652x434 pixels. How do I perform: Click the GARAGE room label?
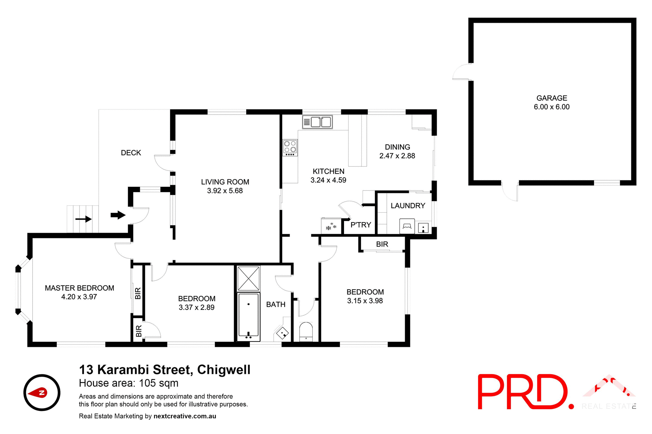click(551, 98)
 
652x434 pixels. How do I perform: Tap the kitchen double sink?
click(318, 122)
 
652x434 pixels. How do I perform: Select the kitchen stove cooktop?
click(290, 147)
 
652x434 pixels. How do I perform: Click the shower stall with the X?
click(249, 278)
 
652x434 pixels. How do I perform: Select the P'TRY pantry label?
click(361, 225)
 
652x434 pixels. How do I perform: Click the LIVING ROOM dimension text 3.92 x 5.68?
click(225, 191)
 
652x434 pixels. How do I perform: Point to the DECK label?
click(131, 153)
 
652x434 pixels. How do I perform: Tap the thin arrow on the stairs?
click(84, 219)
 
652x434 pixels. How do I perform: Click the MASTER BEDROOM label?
click(79, 288)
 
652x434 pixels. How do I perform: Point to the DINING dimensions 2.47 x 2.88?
click(397, 156)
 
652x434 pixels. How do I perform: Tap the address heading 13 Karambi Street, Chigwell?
click(165, 370)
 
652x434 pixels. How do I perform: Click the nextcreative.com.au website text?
click(185, 416)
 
